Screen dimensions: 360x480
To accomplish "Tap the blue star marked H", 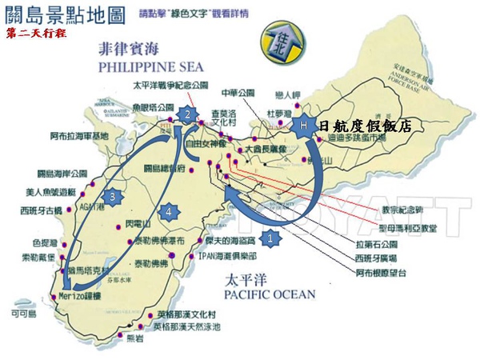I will coord(303,126).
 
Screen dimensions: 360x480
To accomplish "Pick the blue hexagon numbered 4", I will coord(168,211).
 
